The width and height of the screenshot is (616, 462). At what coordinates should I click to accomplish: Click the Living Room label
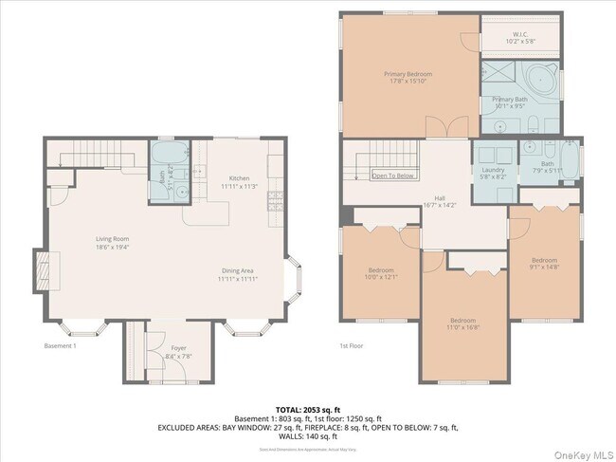[112, 243]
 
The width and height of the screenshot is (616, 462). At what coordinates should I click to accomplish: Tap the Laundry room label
[493, 173]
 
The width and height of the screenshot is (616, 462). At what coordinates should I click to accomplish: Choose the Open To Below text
[392, 176]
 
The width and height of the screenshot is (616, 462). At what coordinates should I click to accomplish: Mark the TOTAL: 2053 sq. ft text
[308, 407]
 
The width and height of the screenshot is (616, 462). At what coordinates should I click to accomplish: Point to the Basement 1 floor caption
[62, 346]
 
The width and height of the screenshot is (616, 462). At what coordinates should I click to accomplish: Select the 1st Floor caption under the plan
[353, 346]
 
